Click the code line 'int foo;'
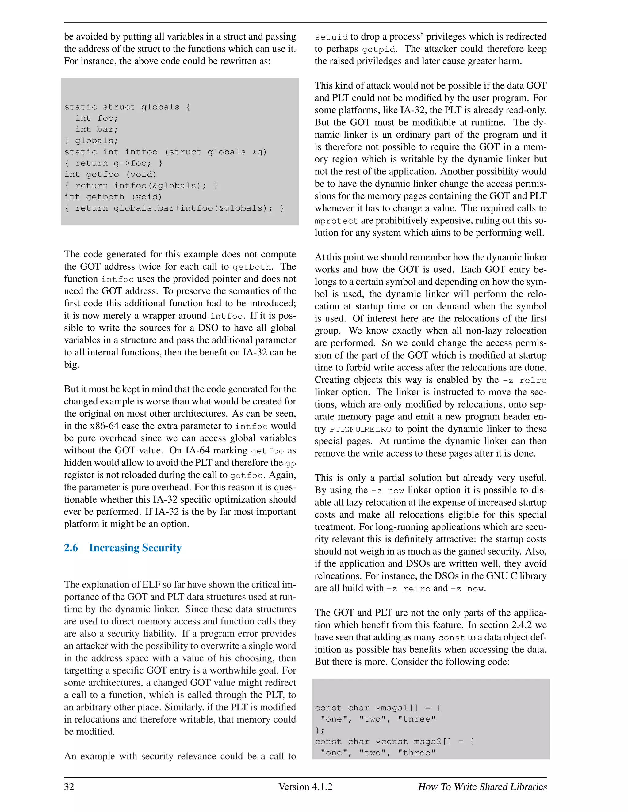point(96,118)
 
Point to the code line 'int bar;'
point(96,129)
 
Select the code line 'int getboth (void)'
point(113,197)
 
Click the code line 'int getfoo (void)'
point(110,174)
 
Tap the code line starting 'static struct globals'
point(127,107)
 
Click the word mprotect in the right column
point(336,221)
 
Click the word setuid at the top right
point(331,37)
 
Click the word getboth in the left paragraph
point(251,267)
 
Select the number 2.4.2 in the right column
point(521,625)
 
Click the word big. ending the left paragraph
point(71,365)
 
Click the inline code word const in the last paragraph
point(451,638)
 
